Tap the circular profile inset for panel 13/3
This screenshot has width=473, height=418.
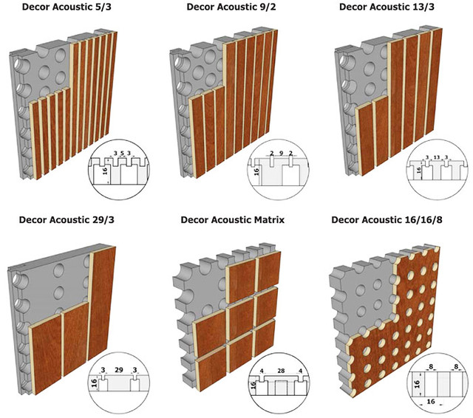click(436, 171)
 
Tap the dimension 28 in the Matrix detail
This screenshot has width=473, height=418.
click(281, 370)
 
